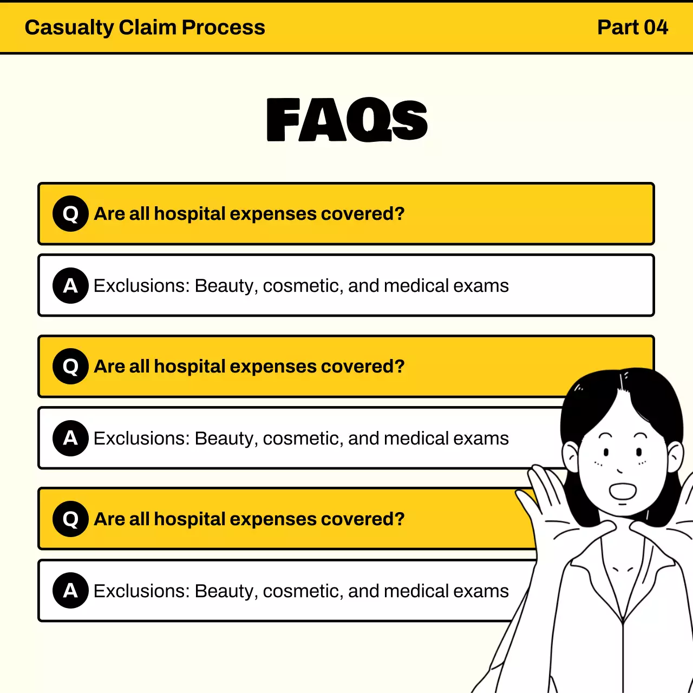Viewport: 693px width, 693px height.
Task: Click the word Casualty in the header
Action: click(69, 28)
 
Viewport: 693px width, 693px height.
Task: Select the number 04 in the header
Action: click(656, 28)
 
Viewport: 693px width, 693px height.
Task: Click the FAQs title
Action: click(347, 120)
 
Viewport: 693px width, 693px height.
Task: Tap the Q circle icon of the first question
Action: click(70, 214)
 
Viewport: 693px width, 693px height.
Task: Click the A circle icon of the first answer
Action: click(70, 285)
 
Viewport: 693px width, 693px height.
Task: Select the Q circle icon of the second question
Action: click(70, 367)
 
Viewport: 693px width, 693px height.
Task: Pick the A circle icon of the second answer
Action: click(70, 438)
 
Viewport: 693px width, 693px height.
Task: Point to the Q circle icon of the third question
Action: click(70, 519)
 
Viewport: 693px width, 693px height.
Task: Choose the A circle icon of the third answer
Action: click(70, 591)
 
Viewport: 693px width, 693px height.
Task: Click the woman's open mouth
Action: click(623, 491)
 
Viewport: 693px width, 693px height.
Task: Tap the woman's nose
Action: click(619, 470)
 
